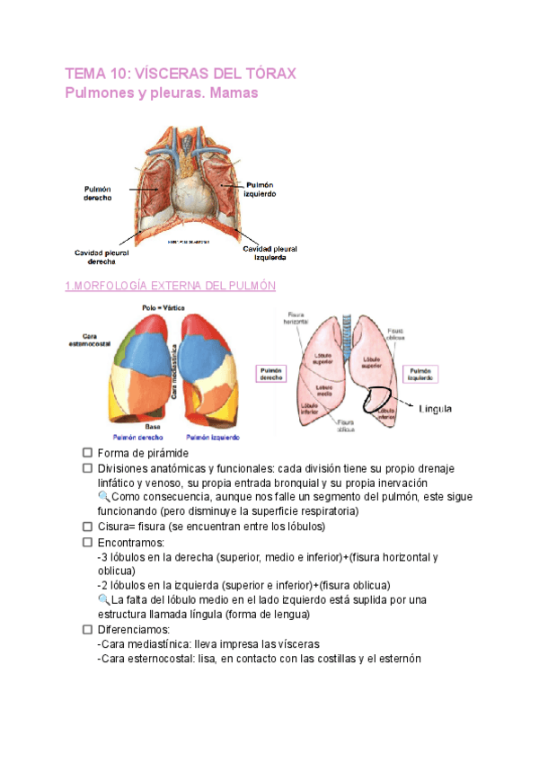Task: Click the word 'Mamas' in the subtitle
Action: (x=233, y=93)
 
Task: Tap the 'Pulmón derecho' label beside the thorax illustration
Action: (x=97, y=193)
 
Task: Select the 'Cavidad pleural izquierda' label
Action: (x=270, y=253)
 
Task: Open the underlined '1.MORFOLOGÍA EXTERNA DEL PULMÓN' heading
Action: (x=170, y=286)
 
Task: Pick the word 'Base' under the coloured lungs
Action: (x=154, y=425)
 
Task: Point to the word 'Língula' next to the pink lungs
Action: (x=435, y=409)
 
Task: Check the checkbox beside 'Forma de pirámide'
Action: (x=87, y=453)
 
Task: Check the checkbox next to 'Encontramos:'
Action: (x=87, y=543)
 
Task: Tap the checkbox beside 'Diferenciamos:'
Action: (x=87, y=630)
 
